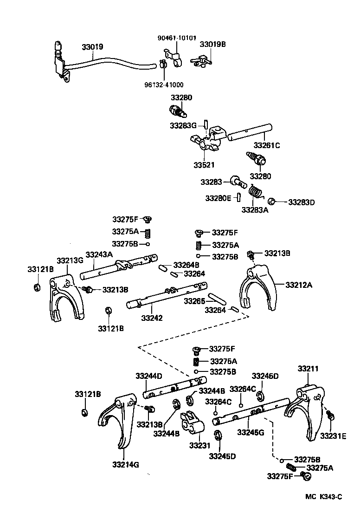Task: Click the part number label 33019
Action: point(92,47)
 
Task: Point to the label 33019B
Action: point(213,45)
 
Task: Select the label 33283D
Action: point(302,202)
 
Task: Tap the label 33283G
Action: point(183,125)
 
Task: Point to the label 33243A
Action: point(98,254)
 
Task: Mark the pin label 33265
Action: point(194,301)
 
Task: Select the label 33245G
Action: point(251,432)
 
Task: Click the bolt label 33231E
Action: point(333,436)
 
